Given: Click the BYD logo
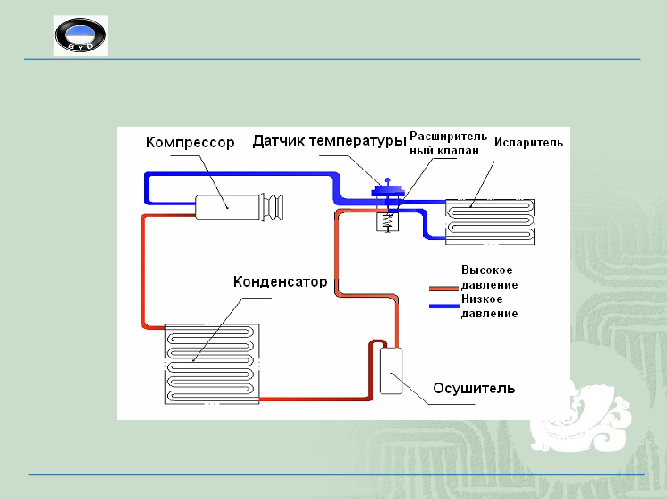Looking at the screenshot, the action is point(80,35).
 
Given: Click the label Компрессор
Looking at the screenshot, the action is point(190,142).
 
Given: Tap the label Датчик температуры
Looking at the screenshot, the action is point(329,141).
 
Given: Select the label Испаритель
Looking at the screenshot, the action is point(528,142).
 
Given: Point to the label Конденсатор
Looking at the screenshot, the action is point(280,282).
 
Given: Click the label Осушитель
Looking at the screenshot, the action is point(474,388).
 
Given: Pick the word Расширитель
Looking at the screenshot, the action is point(448,136).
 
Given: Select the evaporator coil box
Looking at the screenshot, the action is point(490,222).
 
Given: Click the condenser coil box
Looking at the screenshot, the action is point(212,364).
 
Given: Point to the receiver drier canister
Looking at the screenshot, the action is point(391,371).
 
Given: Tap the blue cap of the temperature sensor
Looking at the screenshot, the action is point(388,191).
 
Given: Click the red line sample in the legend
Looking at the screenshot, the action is point(443,288).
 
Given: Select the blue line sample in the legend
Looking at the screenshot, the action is point(444,306).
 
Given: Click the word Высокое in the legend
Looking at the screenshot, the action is point(487,270).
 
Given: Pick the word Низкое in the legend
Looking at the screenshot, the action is point(482,299).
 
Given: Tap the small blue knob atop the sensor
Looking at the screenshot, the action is point(388,180).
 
